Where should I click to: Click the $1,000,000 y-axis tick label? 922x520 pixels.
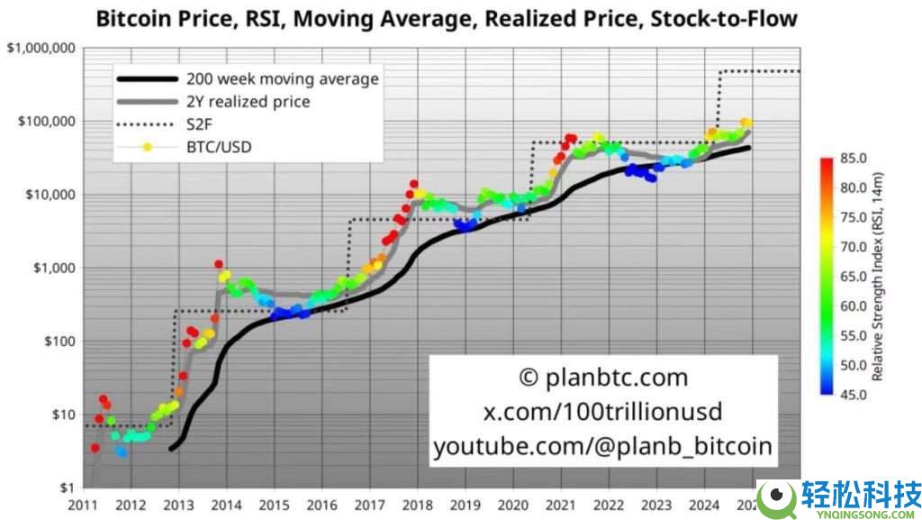click(x=40, y=48)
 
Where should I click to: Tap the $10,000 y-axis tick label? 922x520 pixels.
click(x=47, y=195)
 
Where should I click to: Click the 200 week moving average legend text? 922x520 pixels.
click(x=281, y=78)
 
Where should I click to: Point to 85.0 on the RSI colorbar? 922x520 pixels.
click(x=853, y=159)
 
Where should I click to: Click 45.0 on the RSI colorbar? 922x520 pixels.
click(x=853, y=395)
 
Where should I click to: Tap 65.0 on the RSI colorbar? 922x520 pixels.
click(x=853, y=277)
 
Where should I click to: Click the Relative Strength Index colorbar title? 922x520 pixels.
click(x=890, y=277)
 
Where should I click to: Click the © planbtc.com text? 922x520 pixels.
click(x=603, y=378)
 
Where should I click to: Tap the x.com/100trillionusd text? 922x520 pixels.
click(x=603, y=412)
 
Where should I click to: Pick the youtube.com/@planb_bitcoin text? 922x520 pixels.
click(x=603, y=446)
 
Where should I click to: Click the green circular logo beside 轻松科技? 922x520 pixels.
click(x=774, y=497)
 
